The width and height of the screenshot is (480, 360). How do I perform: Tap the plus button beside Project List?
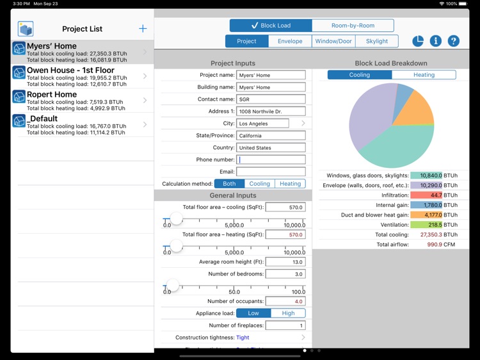[143, 29]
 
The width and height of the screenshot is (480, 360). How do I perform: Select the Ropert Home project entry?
[82, 101]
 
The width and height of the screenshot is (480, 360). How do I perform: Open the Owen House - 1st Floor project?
[82, 76]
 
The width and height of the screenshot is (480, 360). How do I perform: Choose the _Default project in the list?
[82, 125]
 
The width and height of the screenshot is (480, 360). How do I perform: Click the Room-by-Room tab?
[353, 26]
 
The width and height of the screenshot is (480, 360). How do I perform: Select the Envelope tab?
[290, 41]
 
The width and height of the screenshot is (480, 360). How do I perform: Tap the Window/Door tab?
[333, 41]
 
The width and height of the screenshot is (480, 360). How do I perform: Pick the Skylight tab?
[376, 41]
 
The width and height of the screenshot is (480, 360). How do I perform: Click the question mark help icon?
[453, 41]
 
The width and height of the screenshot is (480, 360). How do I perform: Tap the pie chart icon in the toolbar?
[418, 41]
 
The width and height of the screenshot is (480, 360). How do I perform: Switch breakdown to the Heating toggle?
[424, 75]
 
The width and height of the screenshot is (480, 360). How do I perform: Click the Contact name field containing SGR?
[271, 99]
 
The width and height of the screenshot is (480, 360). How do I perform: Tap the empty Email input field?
[271, 172]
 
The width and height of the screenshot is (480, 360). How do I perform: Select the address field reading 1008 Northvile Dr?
[271, 111]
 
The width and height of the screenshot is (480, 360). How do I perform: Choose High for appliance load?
[288, 313]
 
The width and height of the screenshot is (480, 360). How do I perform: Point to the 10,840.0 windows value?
[426, 176]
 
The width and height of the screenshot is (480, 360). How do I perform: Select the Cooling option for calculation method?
[259, 184]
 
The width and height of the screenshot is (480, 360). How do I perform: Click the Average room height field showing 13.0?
[285, 262]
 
